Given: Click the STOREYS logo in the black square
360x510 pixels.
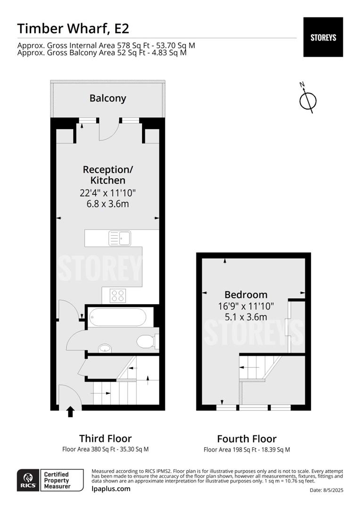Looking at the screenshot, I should click(323, 37).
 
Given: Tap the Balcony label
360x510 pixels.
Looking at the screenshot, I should click(108, 98).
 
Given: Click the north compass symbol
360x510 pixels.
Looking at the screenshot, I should click(308, 99).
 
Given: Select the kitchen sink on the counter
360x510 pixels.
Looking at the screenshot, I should click(120, 238).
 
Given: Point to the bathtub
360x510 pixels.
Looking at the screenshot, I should click(116, 316).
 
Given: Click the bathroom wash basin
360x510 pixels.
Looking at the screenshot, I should click(105, 348).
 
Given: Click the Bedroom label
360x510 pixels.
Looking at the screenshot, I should click(246, 295).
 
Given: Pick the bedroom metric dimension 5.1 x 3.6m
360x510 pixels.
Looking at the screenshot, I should click(246, 316).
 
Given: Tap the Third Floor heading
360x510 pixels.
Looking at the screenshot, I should click(105, 438).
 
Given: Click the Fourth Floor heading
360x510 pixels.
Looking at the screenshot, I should click(247, 439).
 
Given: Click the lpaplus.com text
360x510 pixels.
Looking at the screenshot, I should click(111, 488).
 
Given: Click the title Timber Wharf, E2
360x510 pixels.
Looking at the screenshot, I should click(73, 28).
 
